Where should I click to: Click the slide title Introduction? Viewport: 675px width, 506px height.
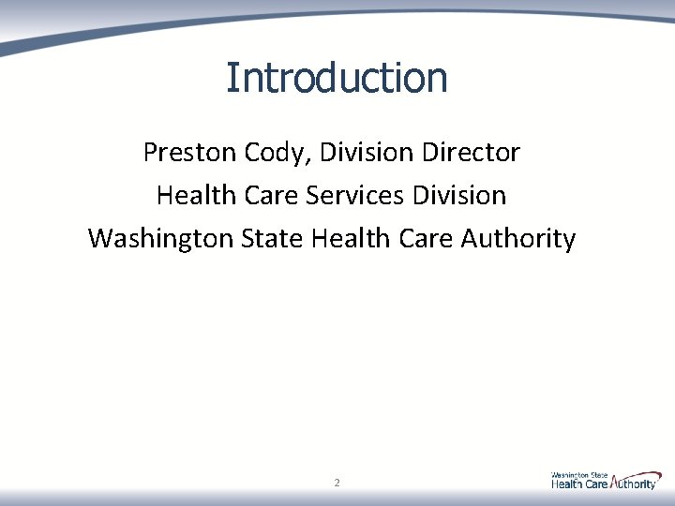(x=337, y=78)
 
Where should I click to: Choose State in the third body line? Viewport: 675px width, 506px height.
(x=272, y=239)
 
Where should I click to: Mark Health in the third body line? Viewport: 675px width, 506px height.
(x=342, y=239)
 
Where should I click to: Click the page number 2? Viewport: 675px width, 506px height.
(x=337, y=484)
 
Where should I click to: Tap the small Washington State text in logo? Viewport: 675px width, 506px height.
(x=578, y=475)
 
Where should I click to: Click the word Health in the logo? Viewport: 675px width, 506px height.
(x=567, y=484)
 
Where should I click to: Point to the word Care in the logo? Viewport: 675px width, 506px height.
(x=597, y=484)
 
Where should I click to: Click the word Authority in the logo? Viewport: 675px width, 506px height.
(x=637, y=484)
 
